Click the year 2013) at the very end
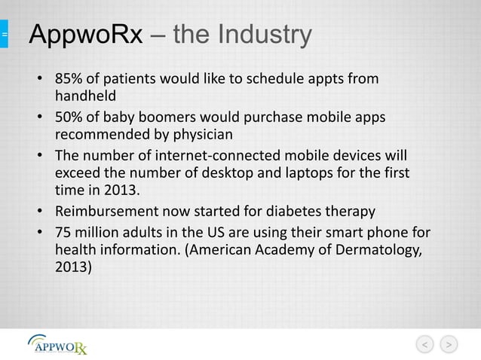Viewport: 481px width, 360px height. tap(74, 266)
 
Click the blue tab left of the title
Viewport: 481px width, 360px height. tap(4, 35)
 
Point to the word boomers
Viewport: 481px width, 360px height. tap(170, 118)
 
